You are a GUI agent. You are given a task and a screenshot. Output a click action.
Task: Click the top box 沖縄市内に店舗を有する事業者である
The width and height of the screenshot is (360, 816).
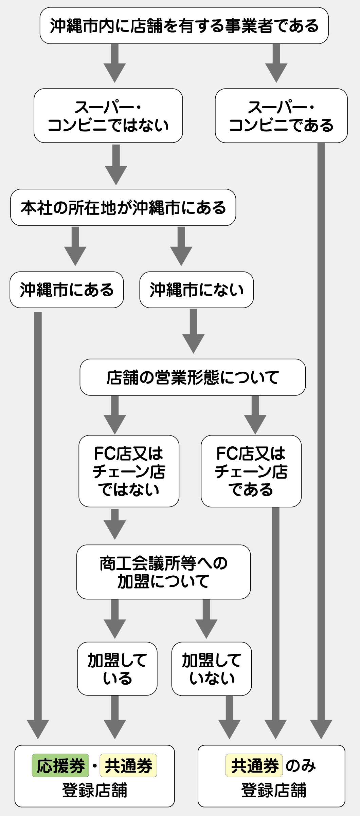tap(184, 26)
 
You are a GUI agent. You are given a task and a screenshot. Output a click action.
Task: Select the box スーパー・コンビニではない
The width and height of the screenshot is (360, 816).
tap(108, 116)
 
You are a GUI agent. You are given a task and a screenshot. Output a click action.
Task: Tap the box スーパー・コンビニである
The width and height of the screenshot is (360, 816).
tap(281, 116)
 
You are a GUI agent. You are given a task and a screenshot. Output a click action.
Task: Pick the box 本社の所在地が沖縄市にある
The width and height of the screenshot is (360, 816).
tap(123, 207)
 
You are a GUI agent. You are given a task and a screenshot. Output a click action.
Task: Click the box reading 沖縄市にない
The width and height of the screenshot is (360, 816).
tap(196, 290)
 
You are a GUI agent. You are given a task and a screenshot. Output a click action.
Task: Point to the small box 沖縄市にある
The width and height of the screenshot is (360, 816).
tap(67, 290)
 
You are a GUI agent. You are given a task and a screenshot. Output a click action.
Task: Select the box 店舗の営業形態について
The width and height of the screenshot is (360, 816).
tap(193, 377)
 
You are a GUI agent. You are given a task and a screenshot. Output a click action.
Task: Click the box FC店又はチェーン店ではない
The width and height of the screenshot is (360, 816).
tap(129, 471)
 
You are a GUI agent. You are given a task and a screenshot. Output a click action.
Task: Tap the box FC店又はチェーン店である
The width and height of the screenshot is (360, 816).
tap(251, 471)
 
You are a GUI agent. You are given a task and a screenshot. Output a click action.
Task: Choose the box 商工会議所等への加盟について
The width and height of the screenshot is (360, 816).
tap(163, 572)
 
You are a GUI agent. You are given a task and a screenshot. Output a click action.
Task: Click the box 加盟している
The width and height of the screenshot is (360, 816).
tap(117, 669)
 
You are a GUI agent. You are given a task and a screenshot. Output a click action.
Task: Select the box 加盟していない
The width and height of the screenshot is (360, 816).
tap(212, 669)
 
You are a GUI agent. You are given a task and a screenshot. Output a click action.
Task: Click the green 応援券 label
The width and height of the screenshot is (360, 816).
tap(60, 765)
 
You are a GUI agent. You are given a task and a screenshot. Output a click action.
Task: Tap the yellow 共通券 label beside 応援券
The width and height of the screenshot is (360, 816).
tap(128, 765)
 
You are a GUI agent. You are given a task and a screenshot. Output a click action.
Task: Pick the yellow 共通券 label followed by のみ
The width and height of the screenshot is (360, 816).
tap(254, 765)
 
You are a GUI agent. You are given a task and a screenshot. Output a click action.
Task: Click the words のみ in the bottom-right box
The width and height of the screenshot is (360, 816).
tap(301, 765)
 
